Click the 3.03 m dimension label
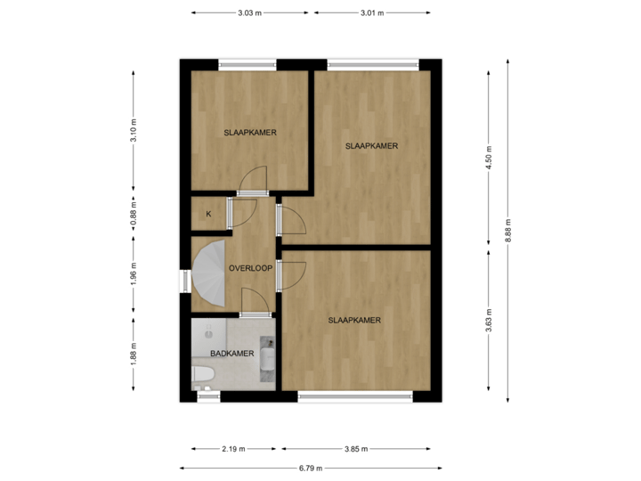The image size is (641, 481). point(249,12)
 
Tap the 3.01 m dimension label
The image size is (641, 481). point(372,12)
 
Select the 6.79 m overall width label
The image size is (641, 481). point(310,467)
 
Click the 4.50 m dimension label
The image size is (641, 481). point(489,156)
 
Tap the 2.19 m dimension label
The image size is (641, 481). point(235,449)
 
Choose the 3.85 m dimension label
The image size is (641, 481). point(355,449)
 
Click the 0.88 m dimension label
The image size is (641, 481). point(134,214)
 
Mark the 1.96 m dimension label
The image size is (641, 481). point(134,272)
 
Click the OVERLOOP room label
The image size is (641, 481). point(250,268)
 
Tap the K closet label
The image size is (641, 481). point(208,214)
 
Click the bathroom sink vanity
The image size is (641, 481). point(267,358)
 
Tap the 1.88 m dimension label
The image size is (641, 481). point(134,354)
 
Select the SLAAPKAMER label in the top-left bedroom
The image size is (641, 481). point(250,133)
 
